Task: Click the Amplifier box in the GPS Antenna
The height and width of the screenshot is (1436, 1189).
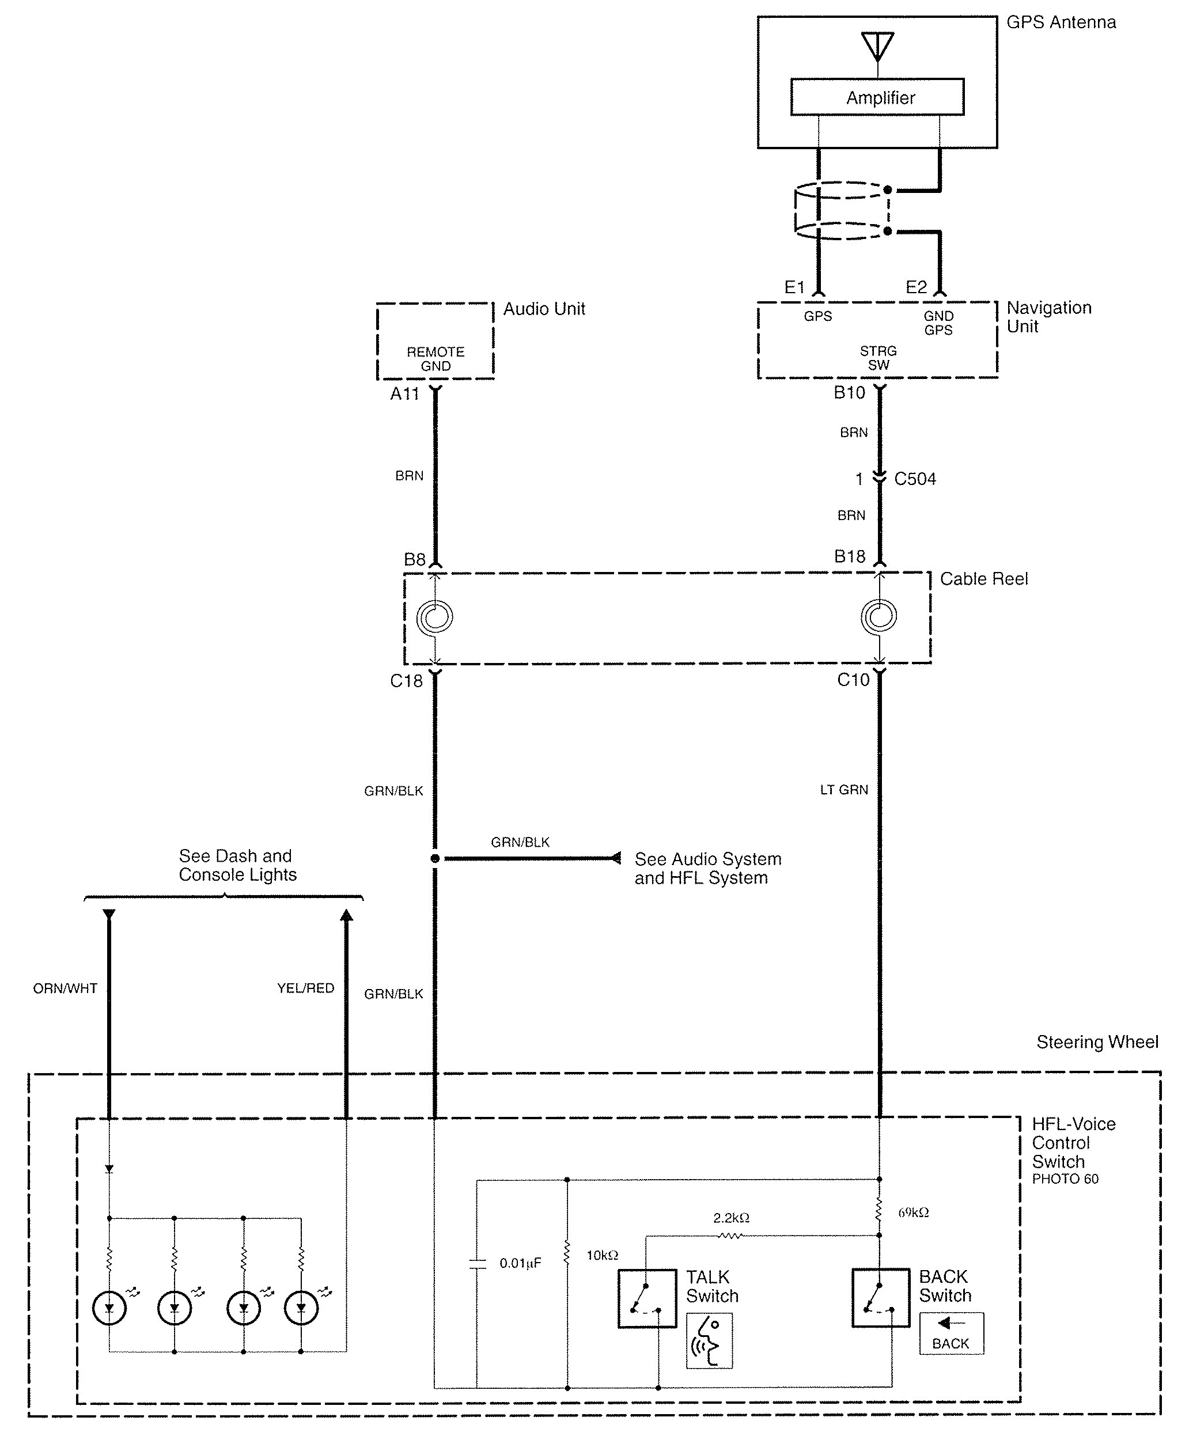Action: pyautogui.click(x=877, y=97)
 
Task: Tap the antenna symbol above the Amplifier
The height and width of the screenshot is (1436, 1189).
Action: pyautogui.click(x=877, y=46)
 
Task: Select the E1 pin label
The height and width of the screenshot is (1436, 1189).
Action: pyautogui.click(x=794, y=287)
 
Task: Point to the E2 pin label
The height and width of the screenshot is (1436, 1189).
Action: pyautogui.click(x=916, y=287)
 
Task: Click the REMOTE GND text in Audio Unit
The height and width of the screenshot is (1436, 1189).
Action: pyautogui.click(x=436, y=359)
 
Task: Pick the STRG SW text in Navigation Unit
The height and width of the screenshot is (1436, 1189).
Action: pyautogui.click(x=878, y=358)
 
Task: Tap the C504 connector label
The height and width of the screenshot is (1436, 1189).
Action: pyautogui.click(x=915, y=479)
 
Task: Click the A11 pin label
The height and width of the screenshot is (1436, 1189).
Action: pyautogui.click(x=404, y=394)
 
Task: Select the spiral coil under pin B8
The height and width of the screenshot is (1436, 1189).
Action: pyautogui.click(x=436, y=617)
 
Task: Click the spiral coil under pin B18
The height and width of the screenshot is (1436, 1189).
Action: pyautogui.click(x=879, y=616)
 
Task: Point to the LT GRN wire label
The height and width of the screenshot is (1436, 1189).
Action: pyautogui.click(x=844, y=790)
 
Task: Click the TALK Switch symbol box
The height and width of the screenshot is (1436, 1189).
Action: pyautogui.click(x=647, y=1298)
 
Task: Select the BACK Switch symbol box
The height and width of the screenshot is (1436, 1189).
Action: pyautogui.click(x=881, y=1297)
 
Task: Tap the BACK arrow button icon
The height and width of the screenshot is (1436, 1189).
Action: pyautogui.click(x=951, y=1333)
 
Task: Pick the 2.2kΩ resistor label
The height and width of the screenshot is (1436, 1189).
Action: pyautogui.click(x=731, y=1218)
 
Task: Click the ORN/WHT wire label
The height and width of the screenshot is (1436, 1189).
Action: pyautogui.click(x=65, y=988)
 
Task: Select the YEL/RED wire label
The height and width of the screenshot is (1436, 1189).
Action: pyautogui.click(x=305, y=988)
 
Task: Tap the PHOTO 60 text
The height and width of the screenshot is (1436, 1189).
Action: pyautogui.click(x=1065, y=1179)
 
